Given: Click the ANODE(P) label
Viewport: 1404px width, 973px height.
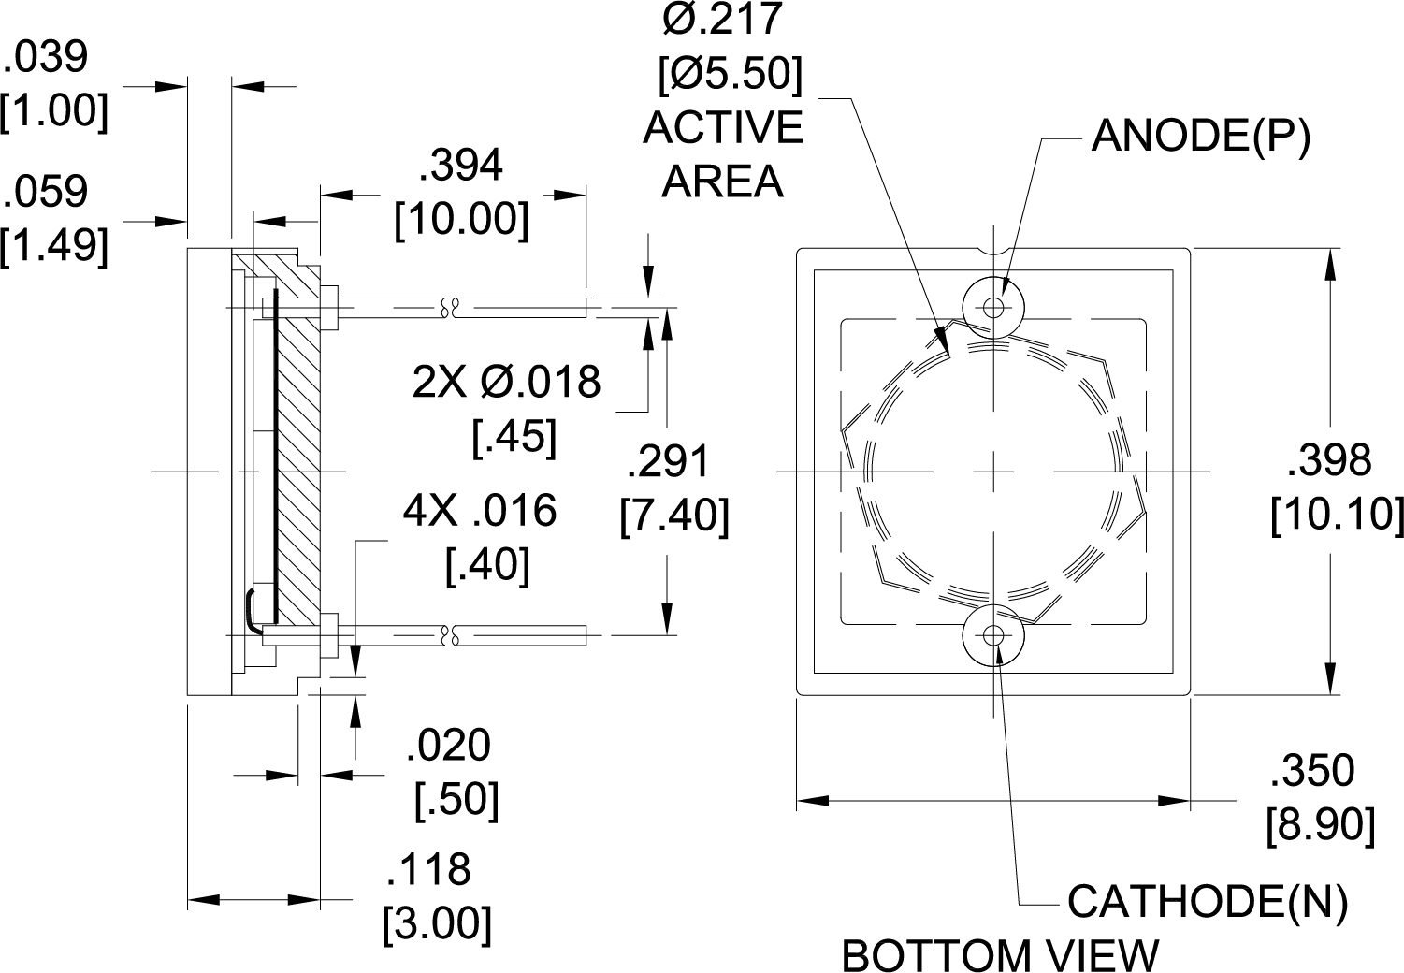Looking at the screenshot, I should click(x=1201, y=137).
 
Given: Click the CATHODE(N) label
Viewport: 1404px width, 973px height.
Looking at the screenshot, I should click(x=1207, y=902).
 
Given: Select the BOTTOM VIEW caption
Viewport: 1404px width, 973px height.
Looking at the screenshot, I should click(x=1000, y=955).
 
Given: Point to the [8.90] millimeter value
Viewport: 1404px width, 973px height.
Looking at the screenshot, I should click(x=1320, y=827).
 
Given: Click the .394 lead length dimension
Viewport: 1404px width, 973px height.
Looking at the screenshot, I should click(x=461, y=167).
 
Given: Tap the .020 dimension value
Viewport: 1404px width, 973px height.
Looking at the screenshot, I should click(x=448, y=747).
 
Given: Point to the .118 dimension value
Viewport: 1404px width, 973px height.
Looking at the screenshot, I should click(x=428, y=870).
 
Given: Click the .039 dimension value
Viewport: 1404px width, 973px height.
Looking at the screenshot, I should click(x=47, y=58).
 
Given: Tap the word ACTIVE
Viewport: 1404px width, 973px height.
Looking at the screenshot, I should click(x=723, y=128).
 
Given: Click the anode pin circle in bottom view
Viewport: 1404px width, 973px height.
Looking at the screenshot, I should click(x=993, y=307).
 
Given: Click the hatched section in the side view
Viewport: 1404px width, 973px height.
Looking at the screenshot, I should click(x=298, y=468).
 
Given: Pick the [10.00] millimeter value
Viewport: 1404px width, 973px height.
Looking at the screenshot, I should click(x=461, y=221).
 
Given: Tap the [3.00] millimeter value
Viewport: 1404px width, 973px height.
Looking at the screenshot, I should click(x=437, y=924).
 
